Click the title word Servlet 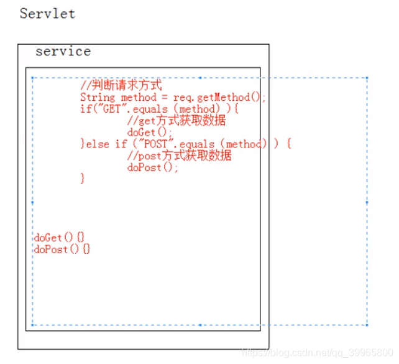(47, 14)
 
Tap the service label (63, 52)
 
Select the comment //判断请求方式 (121, 86)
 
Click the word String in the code (98, 97)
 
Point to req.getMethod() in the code (219, 97)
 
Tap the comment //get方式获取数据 (176, 121)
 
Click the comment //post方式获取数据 (179, 156)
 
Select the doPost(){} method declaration (62, 249)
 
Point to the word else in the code (98, 144)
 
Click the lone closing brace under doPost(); (82, 179)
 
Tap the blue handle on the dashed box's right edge (367, 202)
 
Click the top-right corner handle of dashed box (367, 78)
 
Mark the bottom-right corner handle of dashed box (367, 325)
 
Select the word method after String (139, 97)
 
